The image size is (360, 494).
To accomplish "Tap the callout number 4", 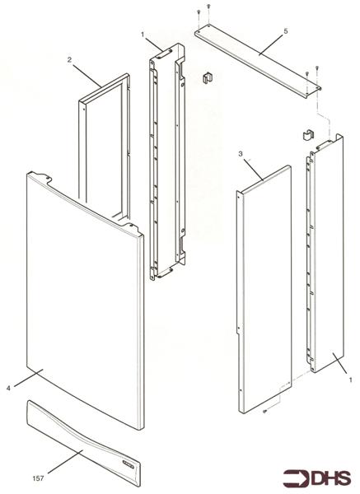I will [8, 386].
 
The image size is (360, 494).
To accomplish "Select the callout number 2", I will [70, 59].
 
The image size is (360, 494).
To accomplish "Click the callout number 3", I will [240, 153].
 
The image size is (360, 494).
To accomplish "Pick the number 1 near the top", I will [143, 34].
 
